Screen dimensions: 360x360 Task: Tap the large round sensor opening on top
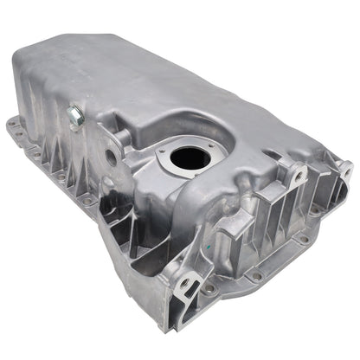tap(190, 158)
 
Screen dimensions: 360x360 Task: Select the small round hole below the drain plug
tap(110, 157)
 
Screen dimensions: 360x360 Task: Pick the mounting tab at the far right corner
tap(344, 170)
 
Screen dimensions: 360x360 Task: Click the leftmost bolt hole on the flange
tap(13, 124)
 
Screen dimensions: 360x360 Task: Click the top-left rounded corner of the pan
tap(26, 52)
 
